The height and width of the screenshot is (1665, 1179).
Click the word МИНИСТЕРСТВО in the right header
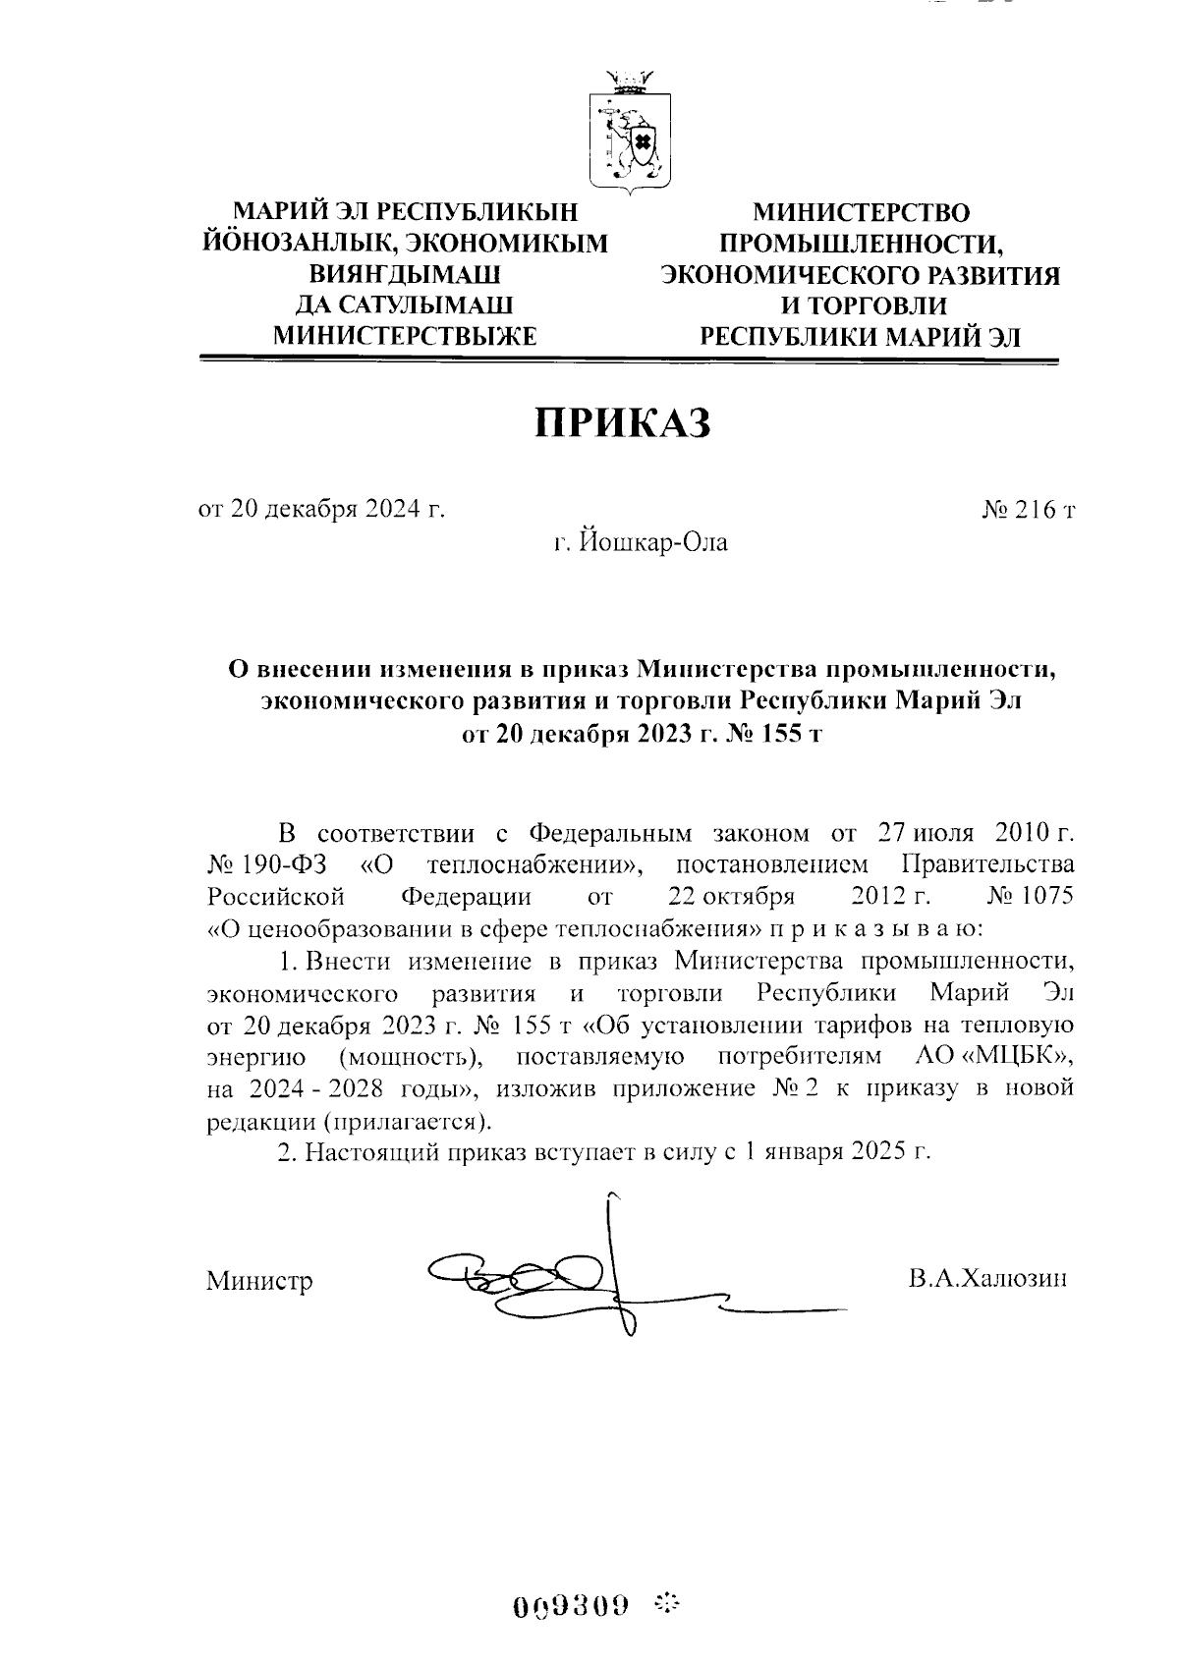861,212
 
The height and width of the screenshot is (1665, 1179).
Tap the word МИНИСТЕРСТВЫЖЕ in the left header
404,336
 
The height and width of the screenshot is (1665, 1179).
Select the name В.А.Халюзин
986,1278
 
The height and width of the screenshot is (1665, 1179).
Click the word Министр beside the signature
259,1281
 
